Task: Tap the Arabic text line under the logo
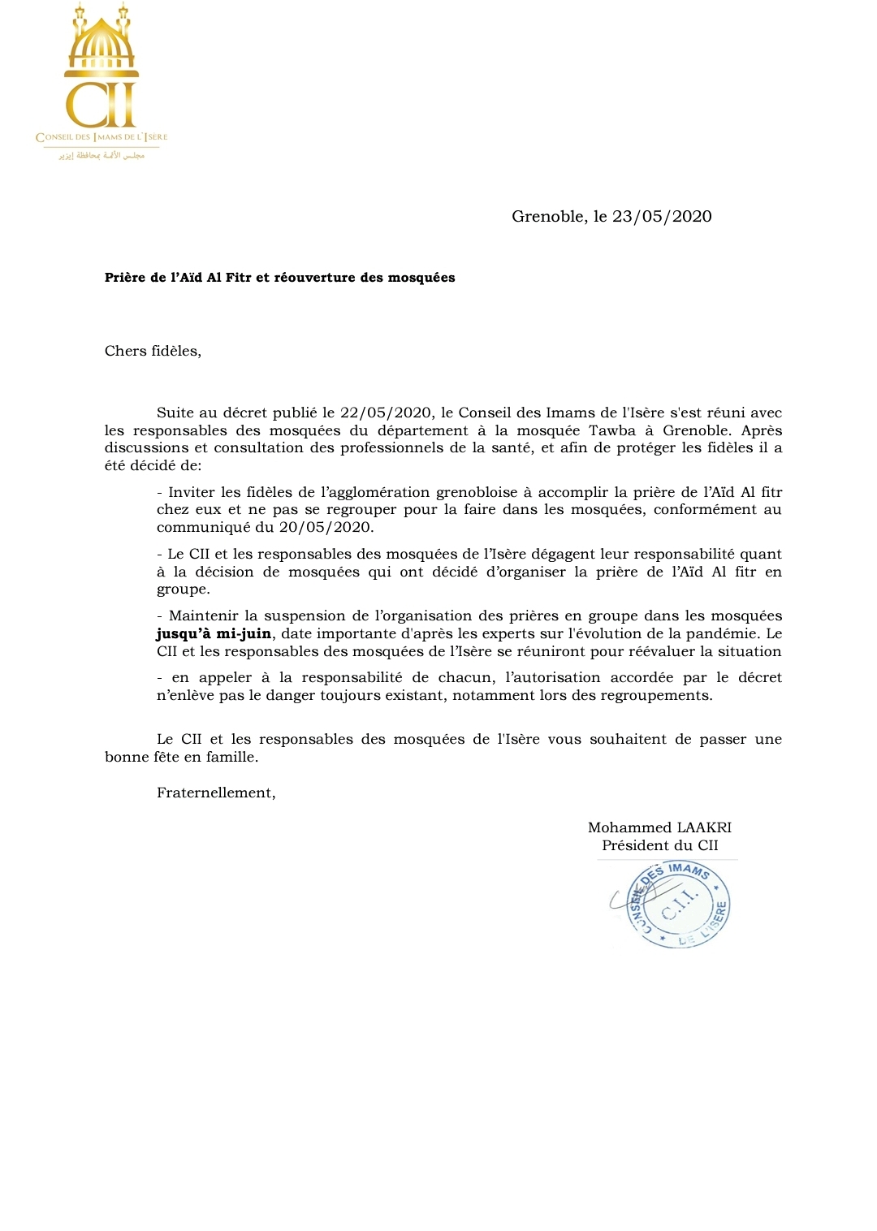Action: pos(102,154)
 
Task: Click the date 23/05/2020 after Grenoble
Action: pos(662,217)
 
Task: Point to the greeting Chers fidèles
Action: pos(153,351)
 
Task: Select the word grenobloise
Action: pos(477,492)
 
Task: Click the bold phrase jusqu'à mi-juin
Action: pos(214,633)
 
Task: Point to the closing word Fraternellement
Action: pos(216,793)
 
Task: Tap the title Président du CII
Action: pos(660,845)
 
